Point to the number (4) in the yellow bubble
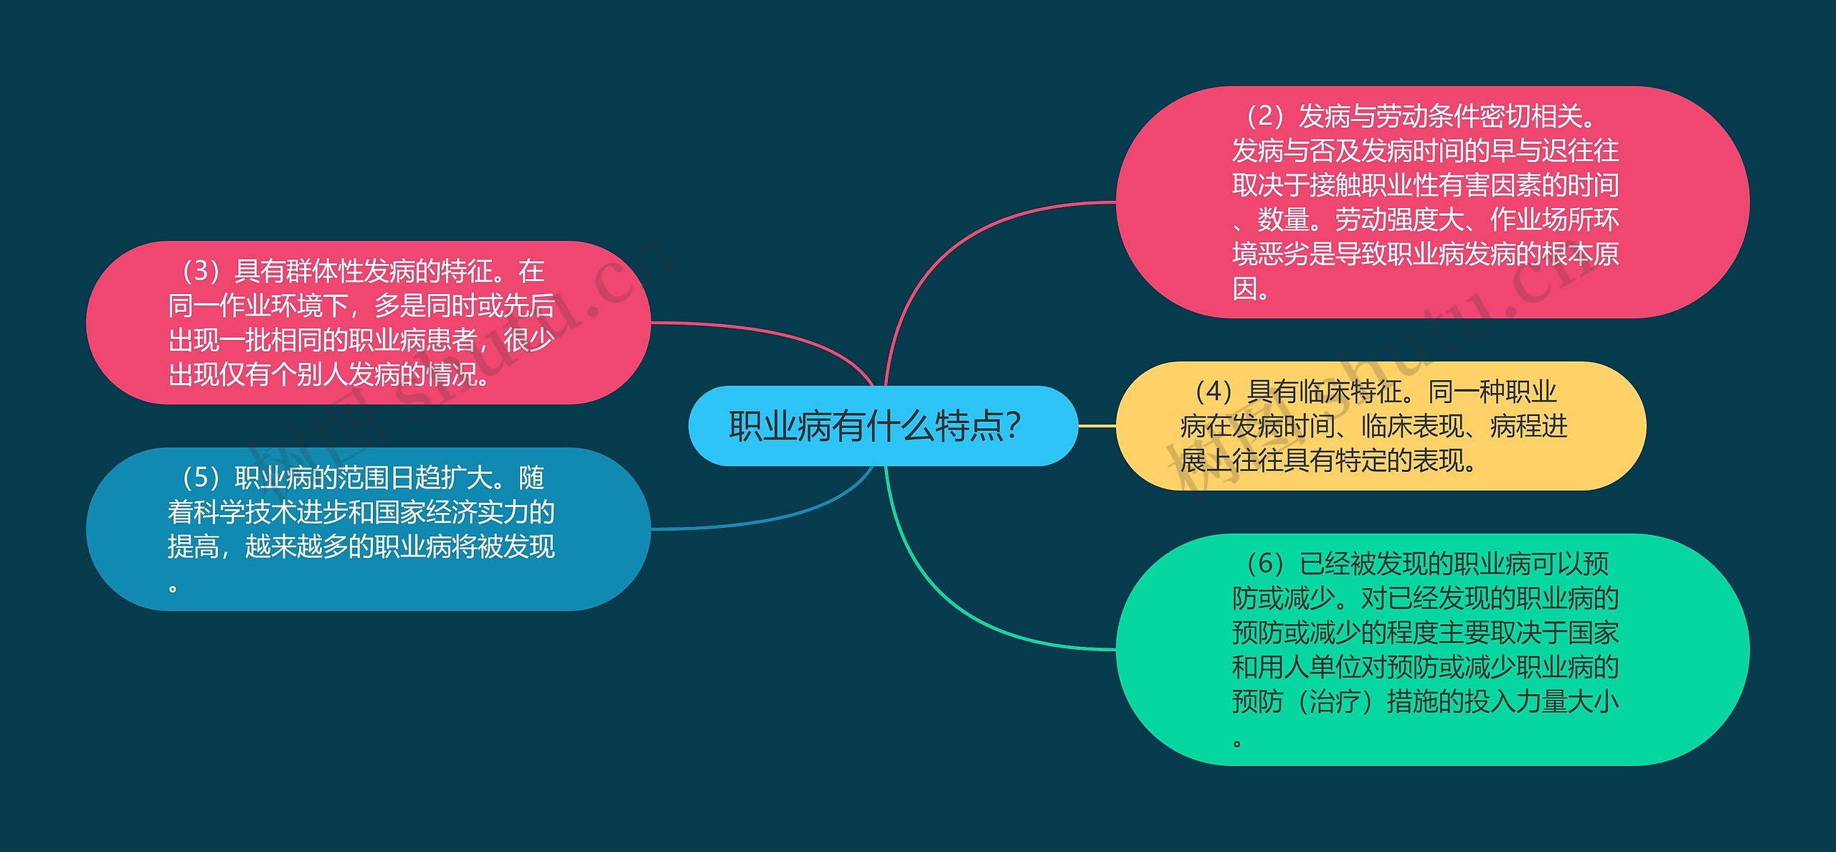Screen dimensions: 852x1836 [x=1213, y=392]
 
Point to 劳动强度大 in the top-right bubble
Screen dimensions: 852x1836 [x=1399, y=219]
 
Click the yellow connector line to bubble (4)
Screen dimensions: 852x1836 [x=1097, y=426]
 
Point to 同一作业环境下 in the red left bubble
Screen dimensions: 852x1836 [x=258, y=306]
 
